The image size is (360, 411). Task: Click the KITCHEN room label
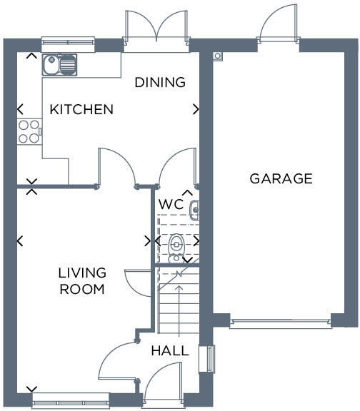[81, 109]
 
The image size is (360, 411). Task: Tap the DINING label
[161, 82]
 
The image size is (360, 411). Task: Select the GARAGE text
[281, 178]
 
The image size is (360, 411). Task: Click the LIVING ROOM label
[82, 281]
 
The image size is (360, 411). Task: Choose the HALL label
[171, 351]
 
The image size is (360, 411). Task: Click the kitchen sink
[59, 66]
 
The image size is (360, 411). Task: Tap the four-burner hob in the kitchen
[29, 131]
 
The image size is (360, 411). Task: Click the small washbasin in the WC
[194, 208]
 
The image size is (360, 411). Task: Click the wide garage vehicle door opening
[281, 323]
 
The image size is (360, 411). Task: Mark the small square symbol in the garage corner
[218, 55]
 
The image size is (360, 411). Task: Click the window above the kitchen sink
[68, 41]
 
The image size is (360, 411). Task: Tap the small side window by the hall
[209, 359]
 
